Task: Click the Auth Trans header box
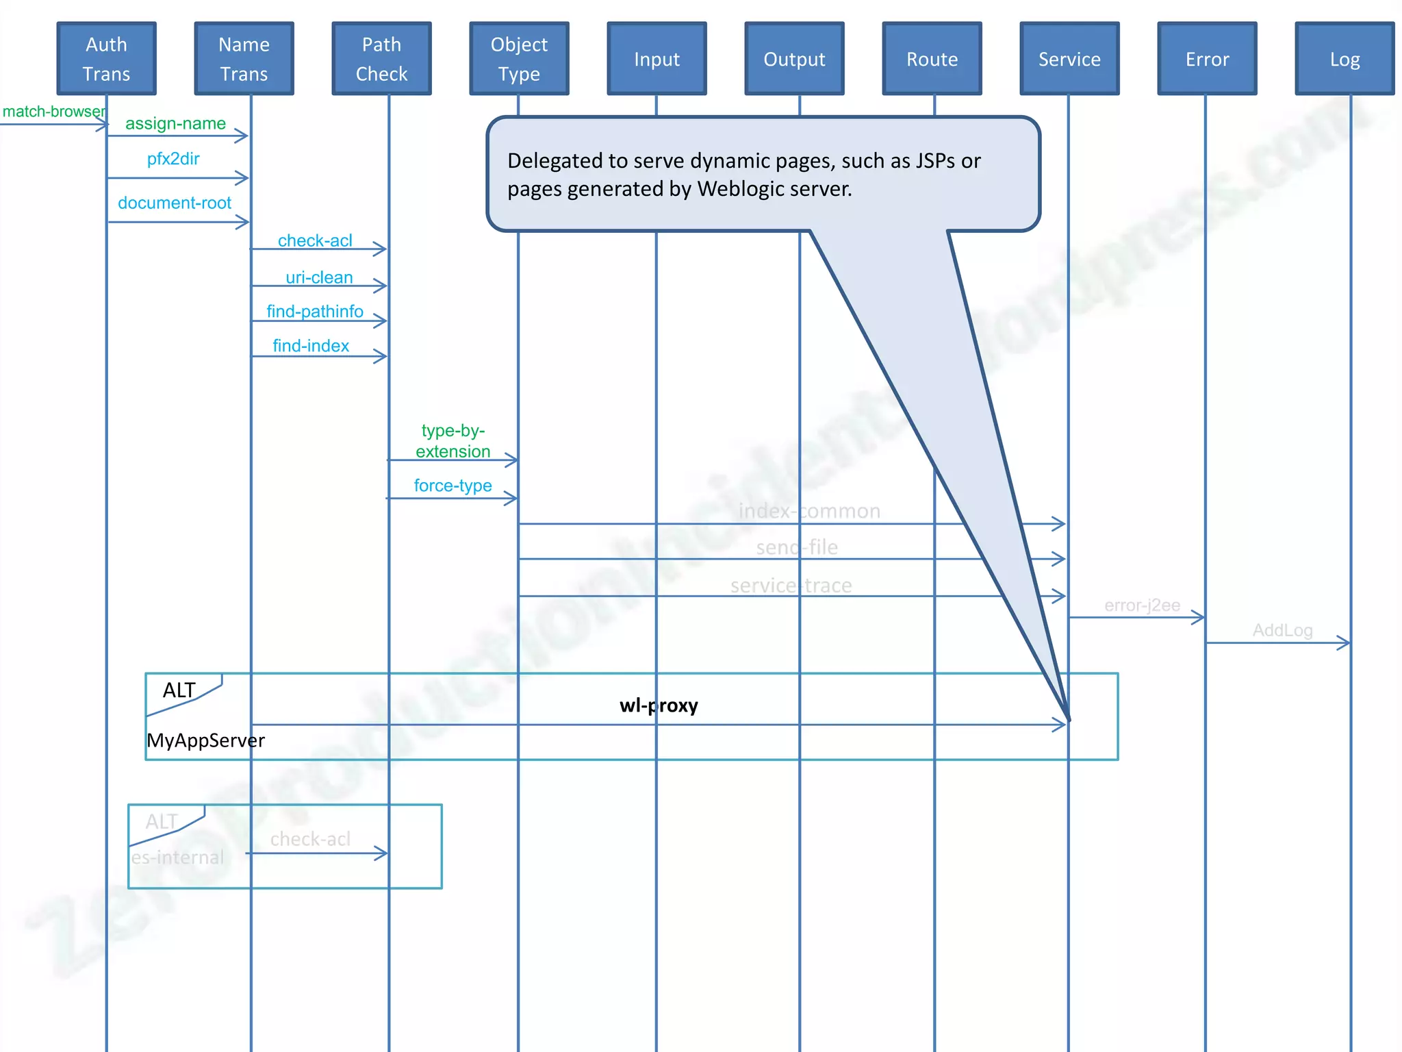pos(106,59)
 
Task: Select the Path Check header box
pos(381,59)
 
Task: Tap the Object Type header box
pos(519,59)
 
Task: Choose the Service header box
pos(1069,59)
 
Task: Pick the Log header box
pos(1344,59)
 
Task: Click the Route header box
pos(932,59)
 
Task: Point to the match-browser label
pos(53,112)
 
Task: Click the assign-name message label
pos(175,123)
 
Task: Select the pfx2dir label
pos(173,159)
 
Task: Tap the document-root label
pos(175,203)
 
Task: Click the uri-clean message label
pos(319,277)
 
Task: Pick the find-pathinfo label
pos(315,312)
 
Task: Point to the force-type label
pos(453,486)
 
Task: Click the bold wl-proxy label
pos(659,705)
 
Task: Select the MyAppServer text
pos(205,740)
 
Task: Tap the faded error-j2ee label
pos(1142,605)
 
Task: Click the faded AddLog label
pos(1282,630)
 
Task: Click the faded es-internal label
pos(178,857)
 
